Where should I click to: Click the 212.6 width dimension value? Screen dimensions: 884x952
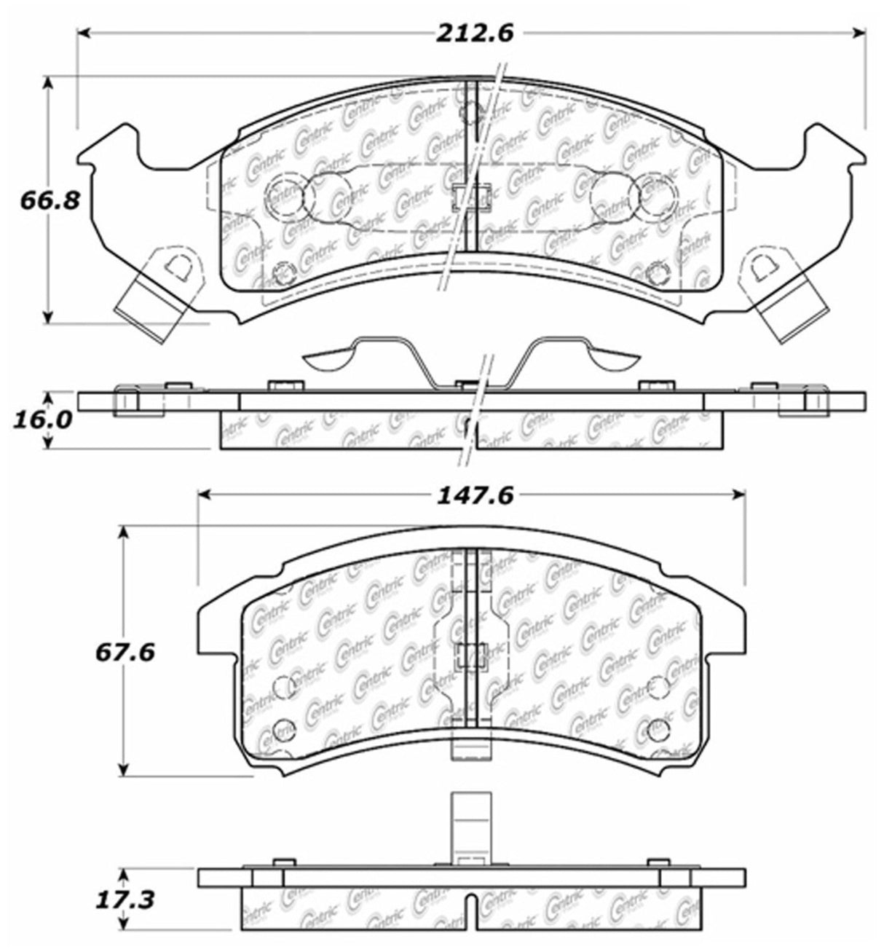pyautogui.click(x=474, y=34)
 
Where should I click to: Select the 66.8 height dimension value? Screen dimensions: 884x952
pyautogui.click(x=50, y=200)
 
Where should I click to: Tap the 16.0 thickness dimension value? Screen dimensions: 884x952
pyautogui.click(x=43, y=420)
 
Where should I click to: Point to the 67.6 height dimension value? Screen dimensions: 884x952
pyautogui.click(x=125, y=653)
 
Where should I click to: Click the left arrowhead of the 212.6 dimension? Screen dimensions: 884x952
pyautogui.click(x=84, y=33)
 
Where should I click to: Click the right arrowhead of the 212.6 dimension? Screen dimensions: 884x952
pyautogui.click(x=859, y=33)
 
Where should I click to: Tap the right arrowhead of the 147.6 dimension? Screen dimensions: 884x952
pyautogui.click(x=738, y=495)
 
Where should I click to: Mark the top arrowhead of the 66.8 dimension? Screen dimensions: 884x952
pyautogui.click(x=47, y=84)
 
